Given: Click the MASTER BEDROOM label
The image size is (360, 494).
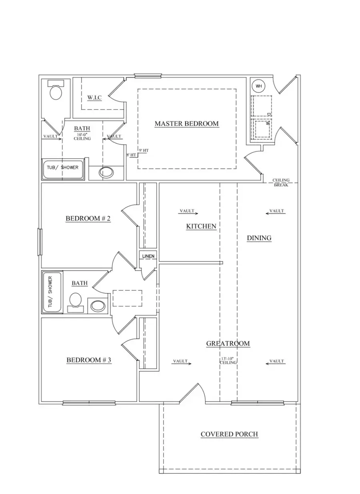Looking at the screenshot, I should point(186,124).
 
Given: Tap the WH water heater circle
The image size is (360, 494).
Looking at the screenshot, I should point(258,86).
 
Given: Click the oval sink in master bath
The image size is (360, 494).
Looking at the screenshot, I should point(106,173).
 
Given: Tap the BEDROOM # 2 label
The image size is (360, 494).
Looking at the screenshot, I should point(88,219).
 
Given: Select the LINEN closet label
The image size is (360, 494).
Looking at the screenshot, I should point(148,256).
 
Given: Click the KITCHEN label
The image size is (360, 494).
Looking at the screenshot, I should point(201,226).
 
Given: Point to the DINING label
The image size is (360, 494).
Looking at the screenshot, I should point(259,238).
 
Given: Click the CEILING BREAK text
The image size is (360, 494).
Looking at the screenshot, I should point(281,183).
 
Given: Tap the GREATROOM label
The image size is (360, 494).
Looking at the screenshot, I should point(228,343).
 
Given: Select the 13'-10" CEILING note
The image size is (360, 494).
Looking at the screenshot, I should point(228,361).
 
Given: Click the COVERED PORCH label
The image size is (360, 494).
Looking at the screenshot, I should point(229,434).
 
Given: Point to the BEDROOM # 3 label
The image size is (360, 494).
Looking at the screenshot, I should point(88,360).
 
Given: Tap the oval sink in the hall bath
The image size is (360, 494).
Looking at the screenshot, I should point(98,306).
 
